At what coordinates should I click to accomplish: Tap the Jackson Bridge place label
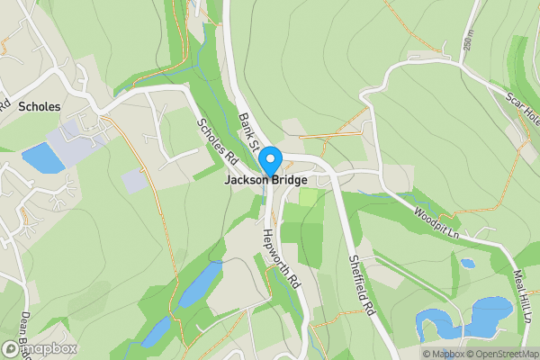[x=272, y=180]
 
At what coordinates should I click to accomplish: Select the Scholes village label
[x=39, y=106]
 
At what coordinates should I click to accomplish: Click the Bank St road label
[x=248, y=132]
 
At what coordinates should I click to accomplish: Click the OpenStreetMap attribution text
[x=503, y=354]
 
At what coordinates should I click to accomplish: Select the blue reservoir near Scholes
[x=43, y=157]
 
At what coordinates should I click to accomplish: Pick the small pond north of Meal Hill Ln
[x=467, y=264]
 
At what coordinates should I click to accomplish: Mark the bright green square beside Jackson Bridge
[x=308, y=197]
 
